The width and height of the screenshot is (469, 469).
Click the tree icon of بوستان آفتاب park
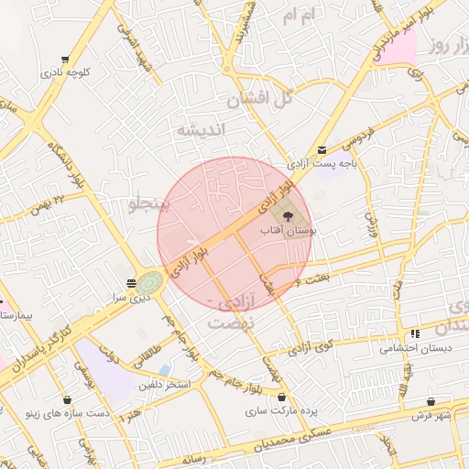[288, 217]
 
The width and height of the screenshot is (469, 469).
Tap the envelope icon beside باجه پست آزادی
[321, 150]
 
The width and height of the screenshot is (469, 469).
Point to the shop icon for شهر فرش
[431, 401]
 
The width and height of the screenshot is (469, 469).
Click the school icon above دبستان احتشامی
[415, 334]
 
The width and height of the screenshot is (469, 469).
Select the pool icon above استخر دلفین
[165, 370]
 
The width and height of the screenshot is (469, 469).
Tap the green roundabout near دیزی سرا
[151, 283]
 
